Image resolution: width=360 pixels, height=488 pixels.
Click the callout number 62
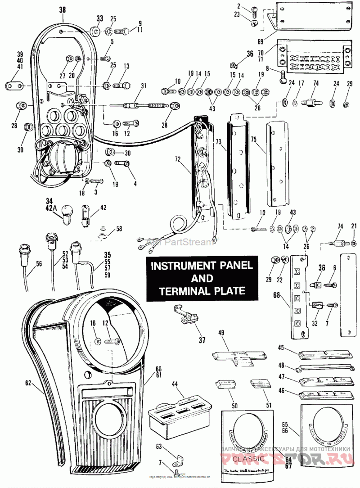[29, 384]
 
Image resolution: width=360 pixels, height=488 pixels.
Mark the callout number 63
[158, 446]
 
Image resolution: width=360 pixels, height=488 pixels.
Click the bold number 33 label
[99, 19]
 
